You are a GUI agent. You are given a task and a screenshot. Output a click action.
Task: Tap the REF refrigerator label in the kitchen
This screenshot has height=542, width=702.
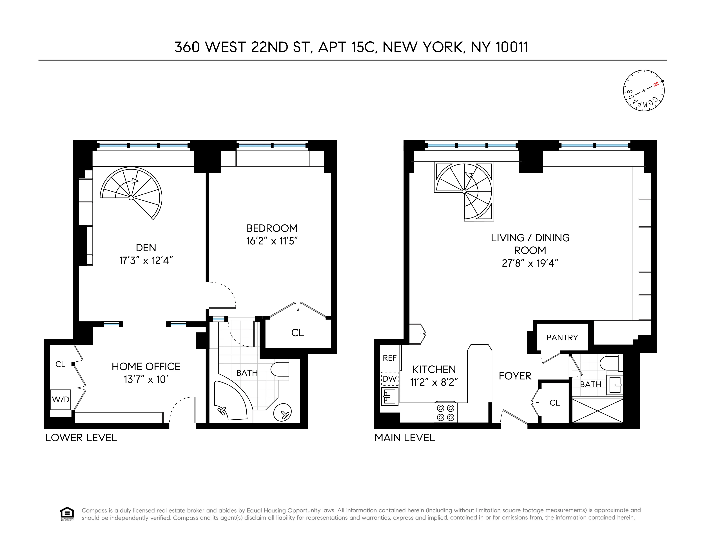(x=390, y=358)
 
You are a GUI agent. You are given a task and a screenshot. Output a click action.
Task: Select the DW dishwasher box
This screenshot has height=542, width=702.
(x=390, y=379)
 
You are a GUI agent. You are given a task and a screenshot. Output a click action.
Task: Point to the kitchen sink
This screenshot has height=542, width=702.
(x=389, y=396)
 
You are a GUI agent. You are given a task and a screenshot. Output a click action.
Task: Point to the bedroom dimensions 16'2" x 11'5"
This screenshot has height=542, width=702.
(x=272, y=241)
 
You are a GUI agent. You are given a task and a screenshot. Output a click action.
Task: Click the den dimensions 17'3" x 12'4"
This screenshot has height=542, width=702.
(x=146, y=260)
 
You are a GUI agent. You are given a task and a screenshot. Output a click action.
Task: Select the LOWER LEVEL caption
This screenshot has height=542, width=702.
(x=81, y=438)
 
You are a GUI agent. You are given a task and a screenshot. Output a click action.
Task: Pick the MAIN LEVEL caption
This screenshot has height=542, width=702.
(x=405, y=438)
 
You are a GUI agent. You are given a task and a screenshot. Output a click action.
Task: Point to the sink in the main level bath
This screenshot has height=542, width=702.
(x=615, y=384)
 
